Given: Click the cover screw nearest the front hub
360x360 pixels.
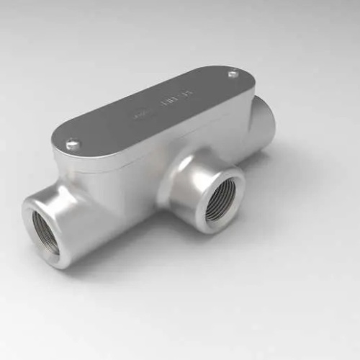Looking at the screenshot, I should click(73, 145).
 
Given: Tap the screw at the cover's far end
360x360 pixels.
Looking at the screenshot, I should click(233, 73).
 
